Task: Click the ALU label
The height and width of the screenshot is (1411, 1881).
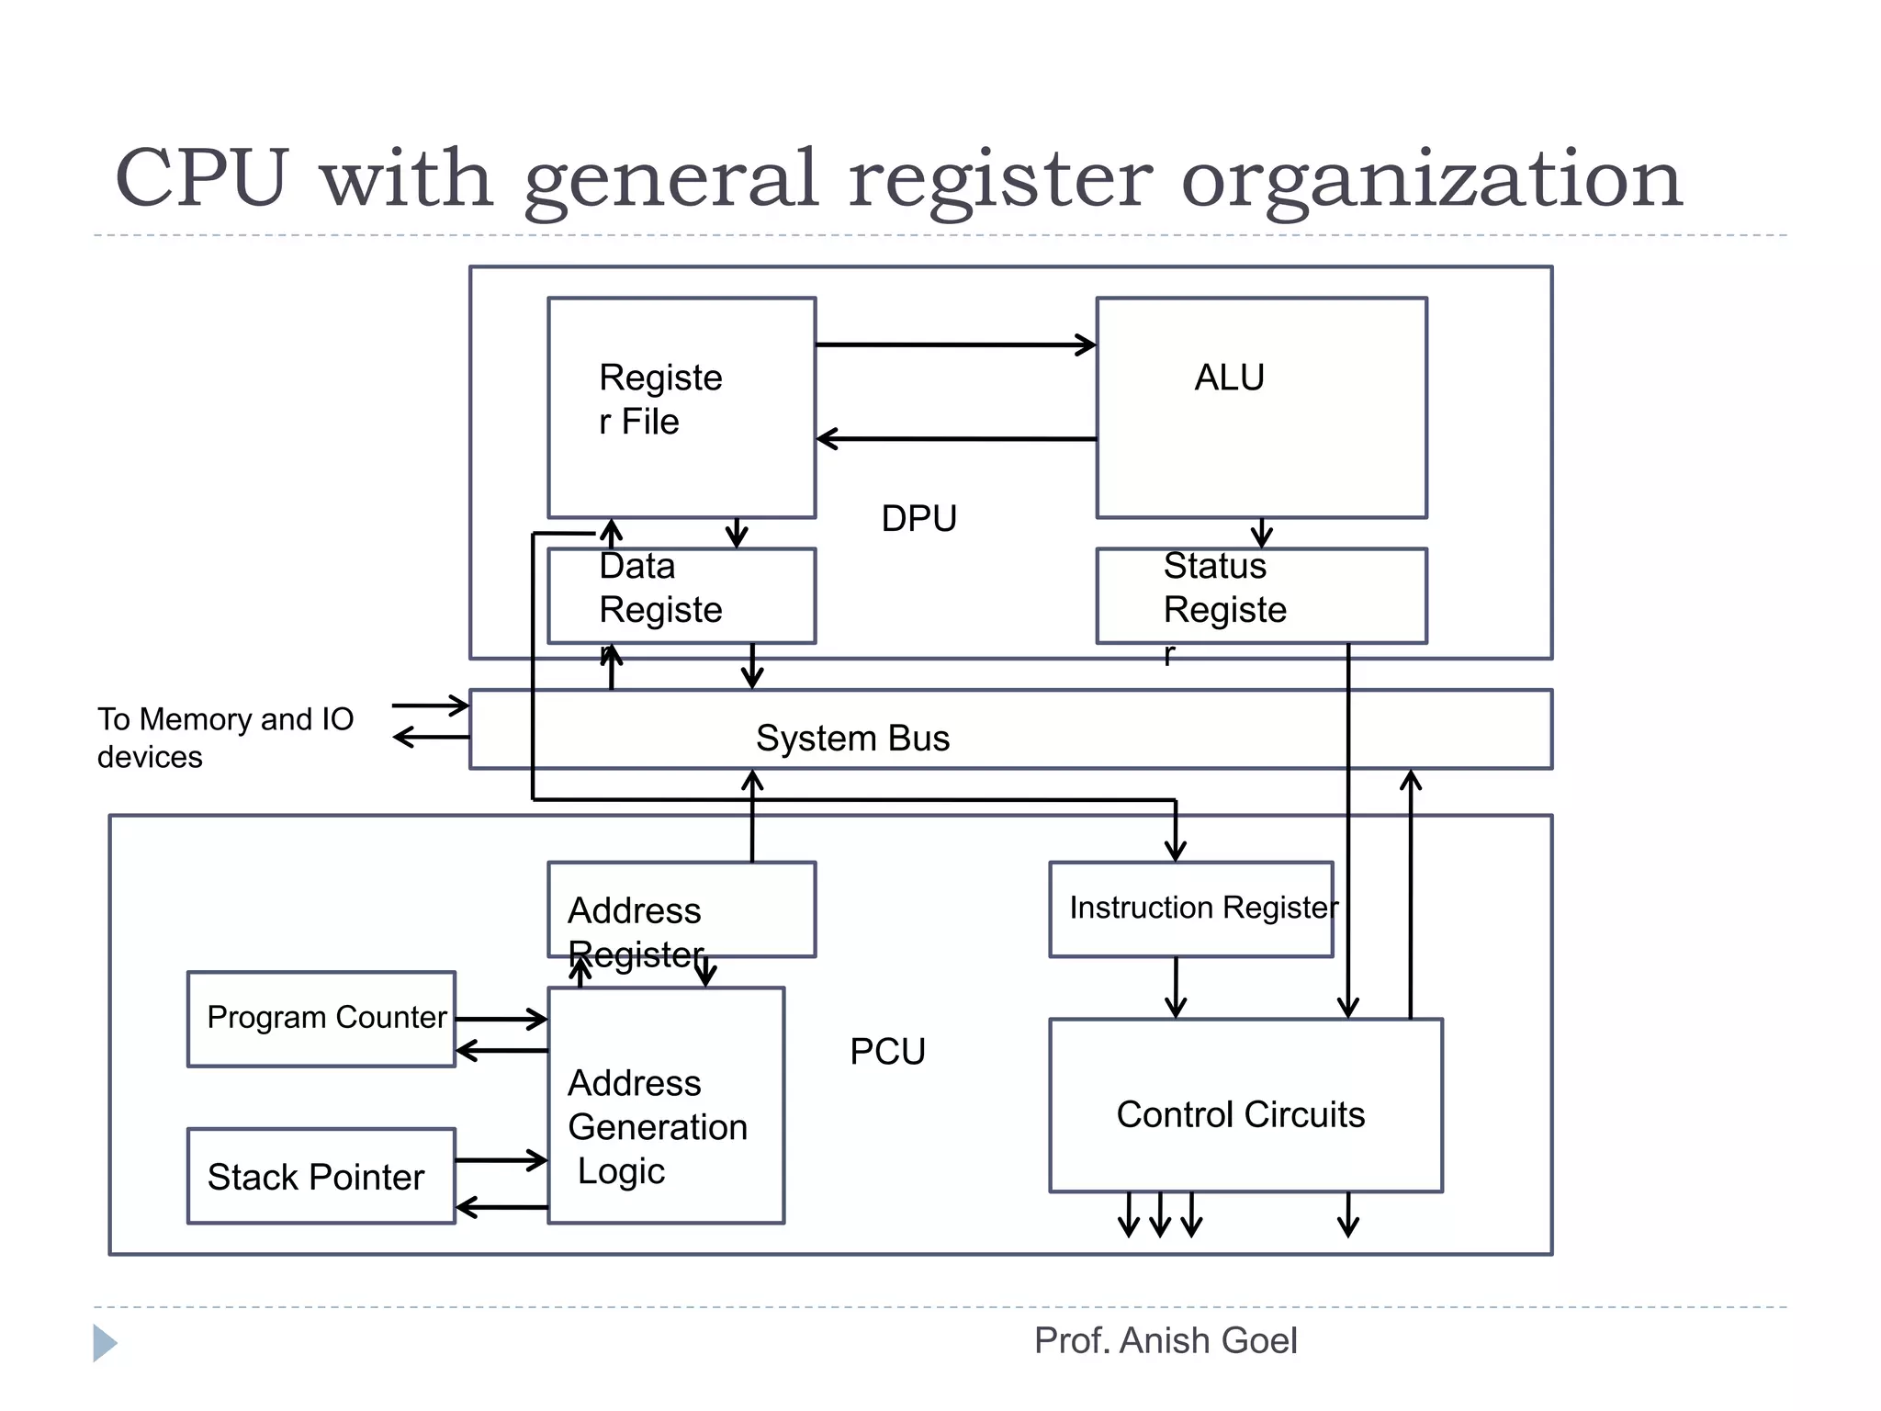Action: pos(1229,378)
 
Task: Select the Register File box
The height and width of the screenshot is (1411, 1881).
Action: pos(681,407)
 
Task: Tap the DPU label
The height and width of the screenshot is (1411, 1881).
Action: pos(918,519)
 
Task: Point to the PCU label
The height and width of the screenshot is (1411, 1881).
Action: pos(887,1052)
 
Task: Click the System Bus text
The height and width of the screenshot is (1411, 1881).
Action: pos(852,739)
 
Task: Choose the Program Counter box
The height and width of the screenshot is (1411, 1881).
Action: pos(321,1019)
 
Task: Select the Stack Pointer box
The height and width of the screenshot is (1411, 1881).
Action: pos(321,1176)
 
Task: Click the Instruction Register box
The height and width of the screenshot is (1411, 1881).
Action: pos(1191,909)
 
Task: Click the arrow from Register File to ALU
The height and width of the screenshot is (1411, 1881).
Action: pos(955,345)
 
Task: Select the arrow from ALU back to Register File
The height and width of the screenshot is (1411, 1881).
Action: pos(955,439)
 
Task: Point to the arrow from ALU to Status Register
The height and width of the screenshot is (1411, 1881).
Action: pos(1262,533)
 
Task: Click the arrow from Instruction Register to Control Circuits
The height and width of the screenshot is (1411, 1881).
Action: pos(1176,988)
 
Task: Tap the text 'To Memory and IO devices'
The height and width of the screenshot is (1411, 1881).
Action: pos(225,738)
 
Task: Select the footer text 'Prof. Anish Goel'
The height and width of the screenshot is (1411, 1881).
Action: pos(1166,1341)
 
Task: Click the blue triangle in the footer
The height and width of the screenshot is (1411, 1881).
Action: pos(104,1343)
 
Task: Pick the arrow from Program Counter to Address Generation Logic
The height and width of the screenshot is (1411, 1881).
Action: pos(501,1019)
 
